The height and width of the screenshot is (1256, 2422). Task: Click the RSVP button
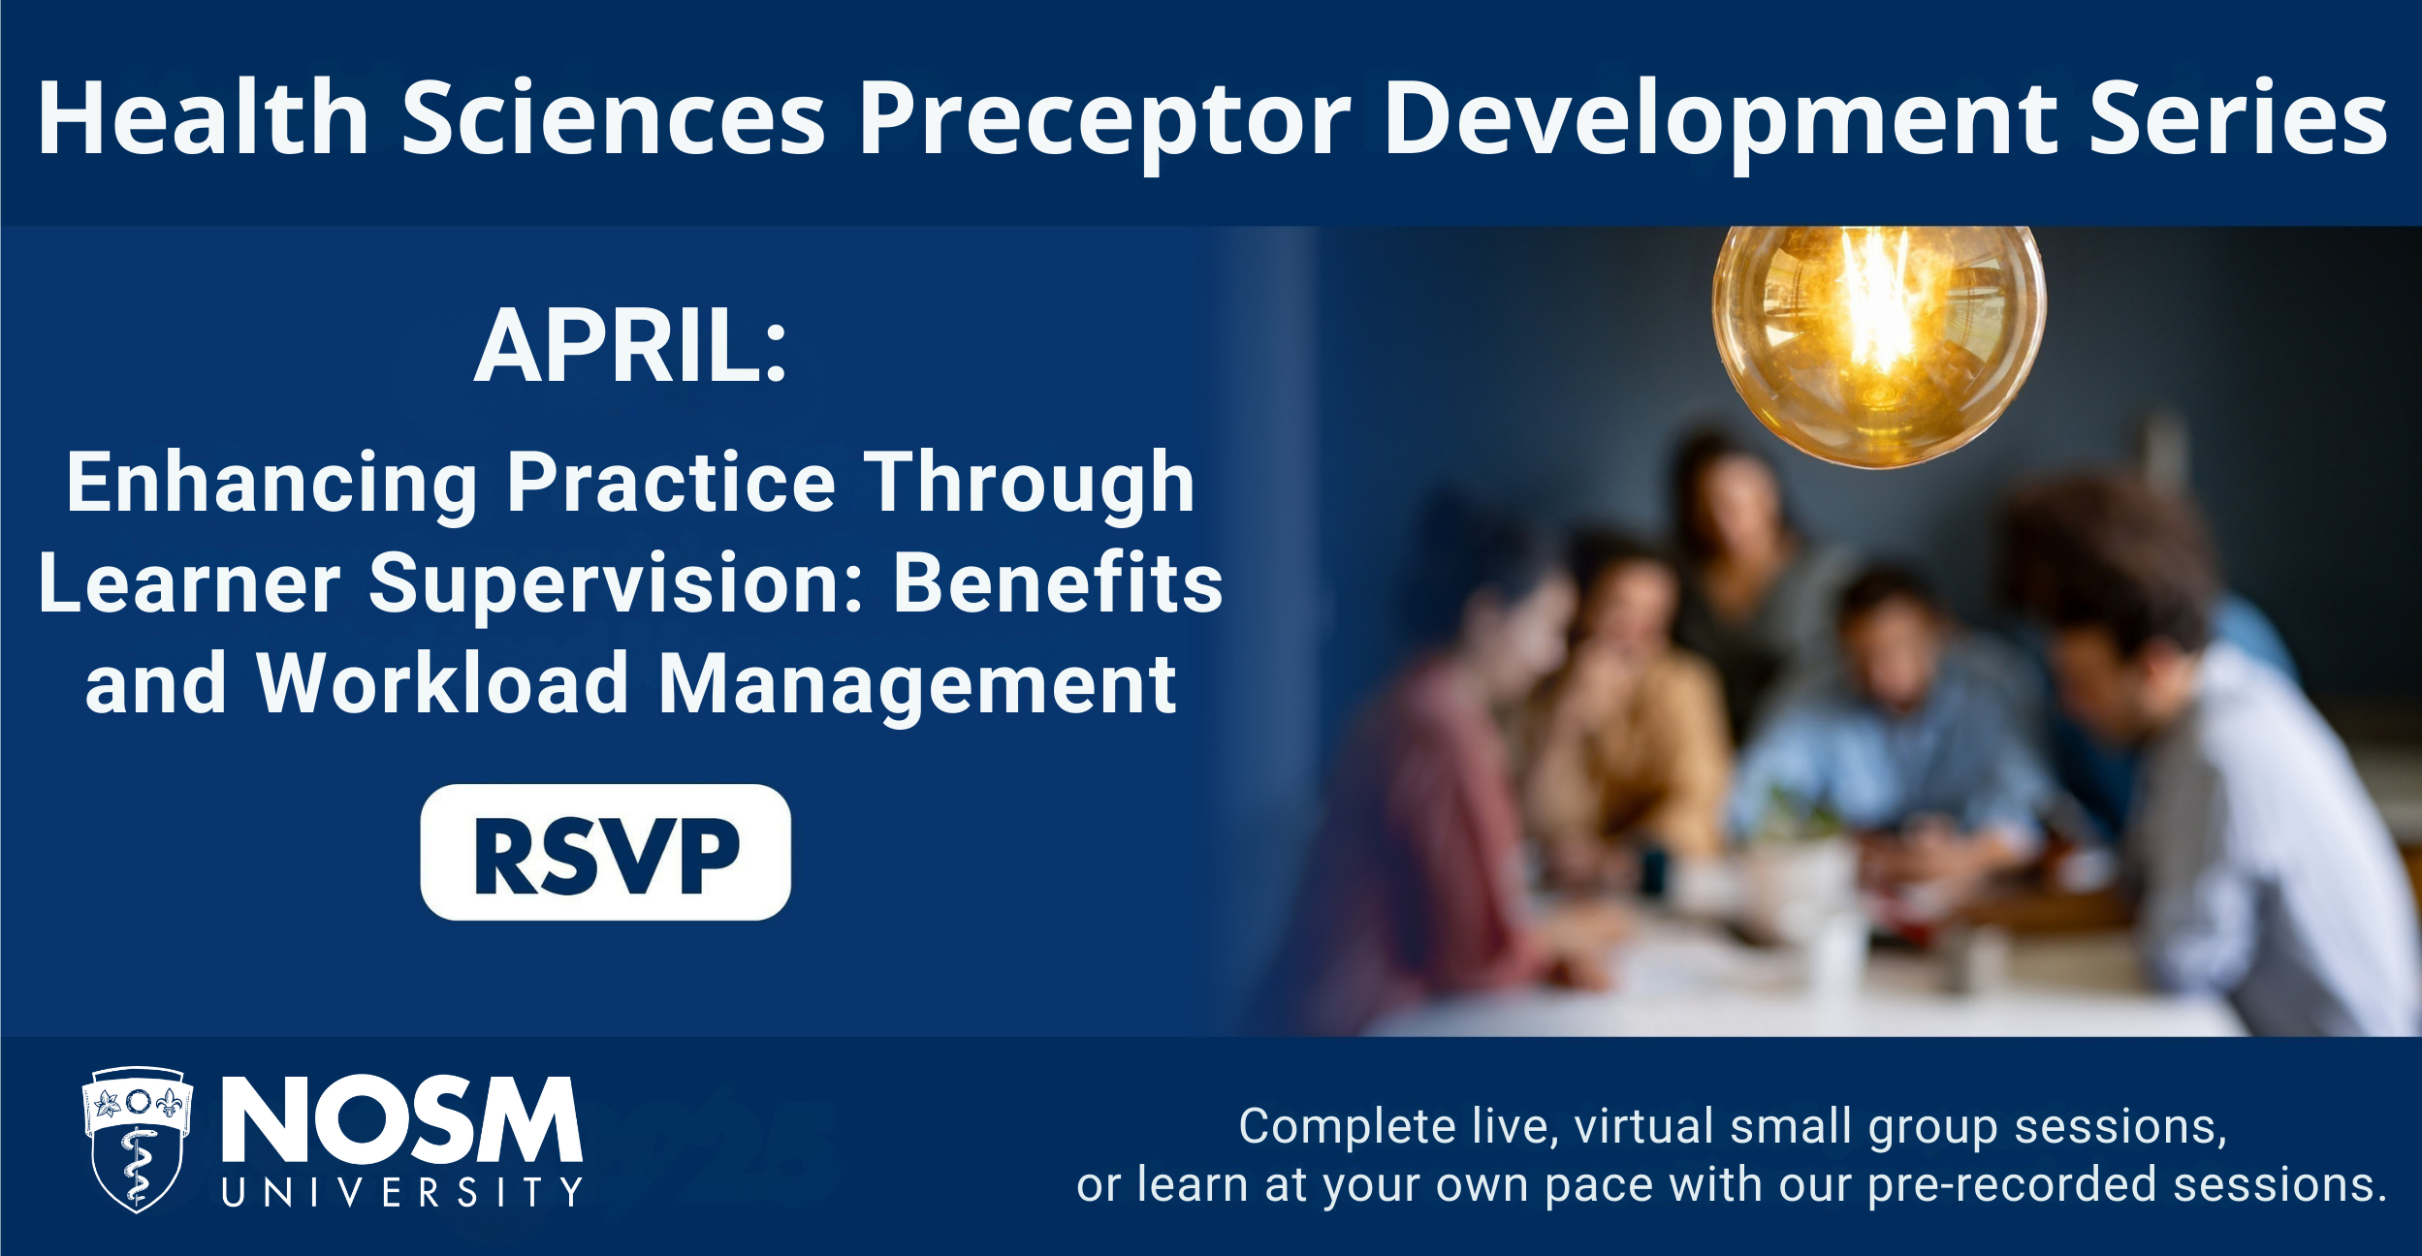pos(605,852)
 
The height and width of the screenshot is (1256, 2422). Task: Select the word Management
pos(917,687)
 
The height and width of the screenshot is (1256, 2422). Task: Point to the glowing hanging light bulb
pos(1879,346)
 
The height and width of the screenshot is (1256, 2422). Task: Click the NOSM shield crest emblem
pos(138,1139)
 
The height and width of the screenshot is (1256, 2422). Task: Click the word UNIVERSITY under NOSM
pos(402,1192)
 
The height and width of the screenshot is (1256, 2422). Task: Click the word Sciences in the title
pos(614,116)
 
